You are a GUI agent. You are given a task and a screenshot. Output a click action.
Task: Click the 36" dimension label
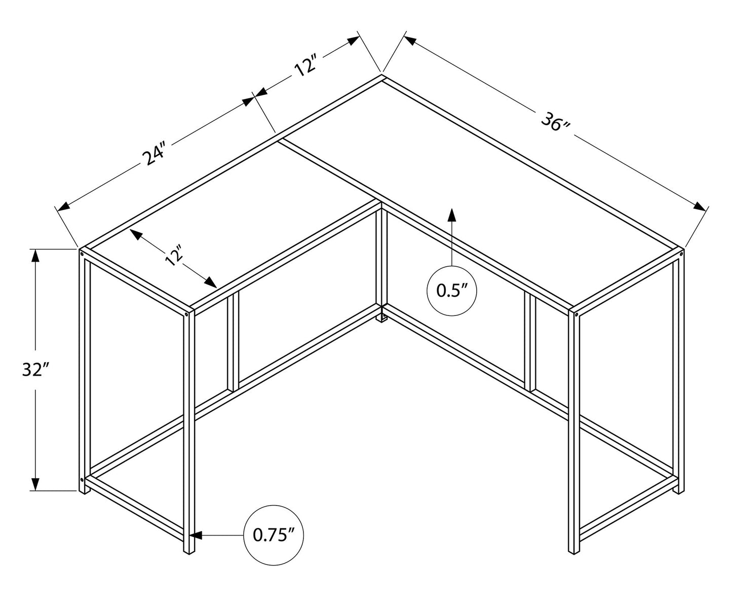tap(555, 121)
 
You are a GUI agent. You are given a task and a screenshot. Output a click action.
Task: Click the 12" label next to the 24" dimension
tap(306, 67)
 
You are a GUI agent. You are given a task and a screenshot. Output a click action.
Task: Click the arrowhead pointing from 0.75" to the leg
tap(196, 535)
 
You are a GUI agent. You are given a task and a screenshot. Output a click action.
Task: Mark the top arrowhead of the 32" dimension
tap(35, 256)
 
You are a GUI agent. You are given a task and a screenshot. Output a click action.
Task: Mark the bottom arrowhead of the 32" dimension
tap(35, 484)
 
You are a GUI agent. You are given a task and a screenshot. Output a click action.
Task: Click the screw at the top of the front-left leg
tap(187, 314)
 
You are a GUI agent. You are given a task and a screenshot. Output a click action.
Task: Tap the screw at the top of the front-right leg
tap(576, 314)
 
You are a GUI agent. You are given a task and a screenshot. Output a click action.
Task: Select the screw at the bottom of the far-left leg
tap(82, 479)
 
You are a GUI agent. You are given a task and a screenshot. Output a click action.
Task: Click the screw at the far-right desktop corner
tap(681, 252)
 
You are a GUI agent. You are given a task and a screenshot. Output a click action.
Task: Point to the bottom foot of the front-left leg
tap(189, 550)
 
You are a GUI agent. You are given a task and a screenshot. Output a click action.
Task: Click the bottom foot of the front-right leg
tap(573, 550)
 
